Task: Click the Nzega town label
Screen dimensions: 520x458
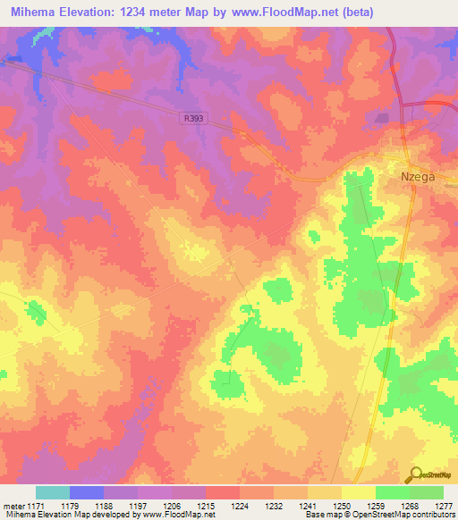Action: tap(416, 177)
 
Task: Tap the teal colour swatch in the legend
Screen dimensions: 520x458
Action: tap(53, 492)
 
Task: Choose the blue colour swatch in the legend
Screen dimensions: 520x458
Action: tap(87, 492)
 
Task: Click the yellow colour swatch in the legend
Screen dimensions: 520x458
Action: tap(358, 492)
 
